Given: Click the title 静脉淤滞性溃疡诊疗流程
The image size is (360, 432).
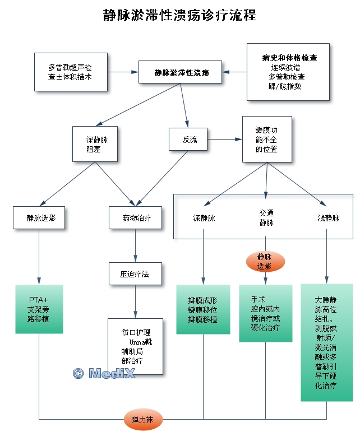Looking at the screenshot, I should tap(179, 15).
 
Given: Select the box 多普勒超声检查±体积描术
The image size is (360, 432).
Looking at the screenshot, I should tap(70, 72).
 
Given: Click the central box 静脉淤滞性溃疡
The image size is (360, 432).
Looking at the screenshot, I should tap(182, 73).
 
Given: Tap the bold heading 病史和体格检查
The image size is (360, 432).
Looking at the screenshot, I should tap(290, 58).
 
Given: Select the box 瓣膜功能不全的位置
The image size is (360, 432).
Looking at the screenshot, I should tap(266, 139).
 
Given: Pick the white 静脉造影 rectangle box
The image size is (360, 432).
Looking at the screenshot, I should tap(39, 218).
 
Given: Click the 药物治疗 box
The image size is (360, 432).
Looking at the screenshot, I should tap(135, 218).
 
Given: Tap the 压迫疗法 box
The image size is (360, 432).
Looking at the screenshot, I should tap(135, 275).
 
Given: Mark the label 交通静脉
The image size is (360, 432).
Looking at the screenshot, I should tap(266, 218).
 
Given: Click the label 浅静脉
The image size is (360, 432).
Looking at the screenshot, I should tap(328, 218).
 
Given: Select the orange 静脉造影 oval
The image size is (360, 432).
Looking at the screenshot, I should tap(265, 262).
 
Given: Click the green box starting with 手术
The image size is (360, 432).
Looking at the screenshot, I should tap(265, 313).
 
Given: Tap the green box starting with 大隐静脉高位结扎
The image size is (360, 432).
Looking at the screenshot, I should tap(327, 342).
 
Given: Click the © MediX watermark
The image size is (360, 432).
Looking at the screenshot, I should tap(104, 374).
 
